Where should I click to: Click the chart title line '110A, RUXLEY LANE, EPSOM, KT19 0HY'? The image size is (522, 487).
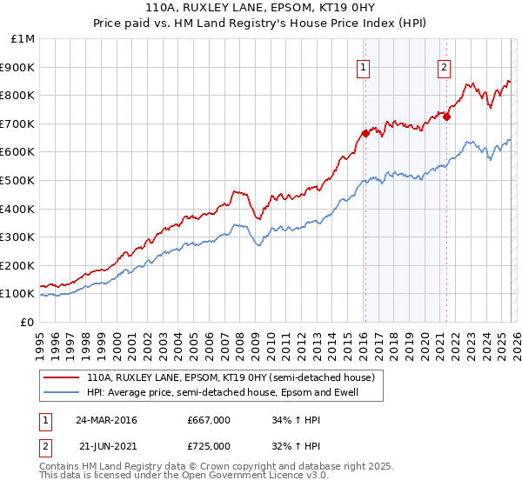[x=260, y=7]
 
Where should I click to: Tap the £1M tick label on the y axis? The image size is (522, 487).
[x=23, y=39]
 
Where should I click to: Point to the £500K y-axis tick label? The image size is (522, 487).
[x=18, y=180]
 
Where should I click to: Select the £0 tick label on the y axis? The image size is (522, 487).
[x=27, y=322]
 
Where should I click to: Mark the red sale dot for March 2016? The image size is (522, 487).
[x=365, y=133]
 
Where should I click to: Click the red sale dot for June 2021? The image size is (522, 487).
[x=446, y=117]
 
